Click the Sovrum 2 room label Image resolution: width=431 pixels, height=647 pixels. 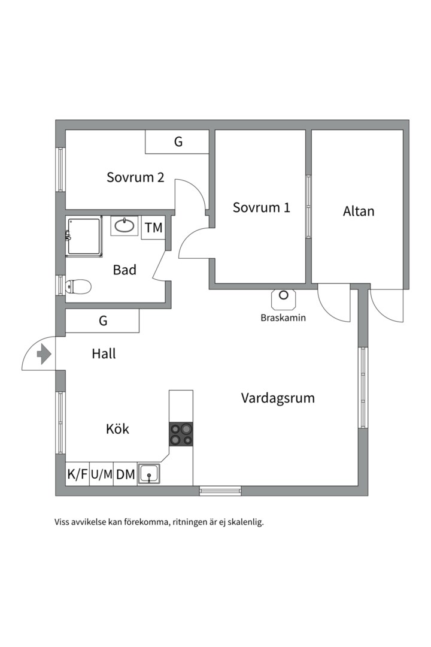pyautogui.click(x=135, y=177)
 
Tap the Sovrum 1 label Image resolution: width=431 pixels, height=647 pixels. pyautogui.click(x=262, y=207)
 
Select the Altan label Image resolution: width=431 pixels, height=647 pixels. pyautogui.click(x=359, y=211)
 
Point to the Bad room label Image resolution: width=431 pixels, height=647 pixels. pyautogui.click(x=125, y=270)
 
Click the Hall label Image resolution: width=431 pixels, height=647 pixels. pyautogui.click(x=104, y=353)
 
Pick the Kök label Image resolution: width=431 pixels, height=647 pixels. pyautogui.click(x=117, y=429)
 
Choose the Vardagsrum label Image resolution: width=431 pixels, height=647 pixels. pyautogui.click(x=278, y=398)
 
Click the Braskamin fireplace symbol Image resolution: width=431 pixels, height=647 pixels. pyautogui.click(x=284, y=299)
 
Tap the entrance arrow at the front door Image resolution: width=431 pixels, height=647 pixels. pyautogui.click(x=44, y=355)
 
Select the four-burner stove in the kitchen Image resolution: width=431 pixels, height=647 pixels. pyautogui.click(x=181, y=434)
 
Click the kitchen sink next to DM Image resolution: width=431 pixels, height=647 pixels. pyautogui.click(x=149, y=473)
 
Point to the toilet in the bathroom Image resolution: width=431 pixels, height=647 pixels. pyautogui.click(x=78, y=287)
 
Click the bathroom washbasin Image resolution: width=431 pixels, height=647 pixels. pyautogui.click(x=124, y=226)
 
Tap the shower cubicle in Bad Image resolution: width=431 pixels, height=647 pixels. pyautogui.click(x=84, y=238)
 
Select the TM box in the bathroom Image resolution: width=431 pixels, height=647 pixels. pyautogui.click(x=153, y=228)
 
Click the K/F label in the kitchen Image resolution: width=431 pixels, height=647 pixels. pyautogui.click(x=78, y=474)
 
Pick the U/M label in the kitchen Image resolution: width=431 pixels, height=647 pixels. pyautogui.click(x=101, y=474)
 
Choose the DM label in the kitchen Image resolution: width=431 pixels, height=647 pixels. pyautogui.click(x=125, y=474)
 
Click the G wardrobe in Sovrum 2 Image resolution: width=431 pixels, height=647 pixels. pyautogui.click(x=177, y=142)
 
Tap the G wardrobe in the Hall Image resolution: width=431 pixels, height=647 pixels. pyautogui.click(x=103, y=321)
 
